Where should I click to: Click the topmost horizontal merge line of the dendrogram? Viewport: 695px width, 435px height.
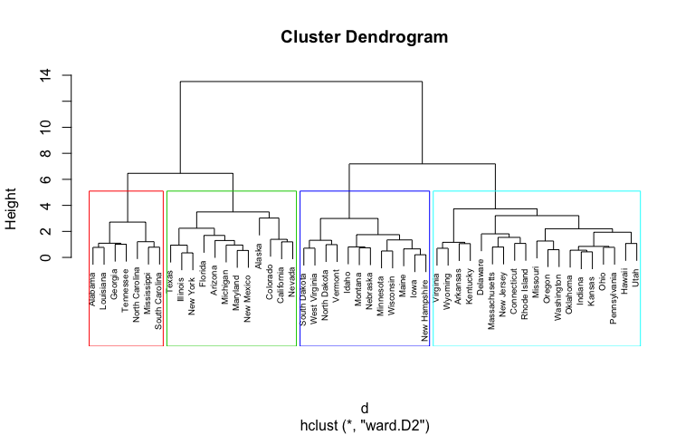(301, 82)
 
